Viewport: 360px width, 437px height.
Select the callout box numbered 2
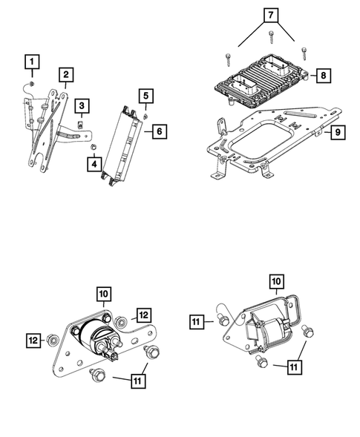[x=66, y=74]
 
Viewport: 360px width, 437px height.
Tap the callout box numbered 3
[x=81, y=106]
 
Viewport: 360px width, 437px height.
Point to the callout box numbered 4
[x=94, y=161]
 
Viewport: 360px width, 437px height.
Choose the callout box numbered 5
[x=146, y=96]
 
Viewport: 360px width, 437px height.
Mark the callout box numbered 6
[x=158, y=131]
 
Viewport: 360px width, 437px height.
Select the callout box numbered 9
[x=336, y=133]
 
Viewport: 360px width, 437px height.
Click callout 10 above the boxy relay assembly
[x=275, y=282]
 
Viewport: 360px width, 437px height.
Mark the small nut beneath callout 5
[x=146, y=115]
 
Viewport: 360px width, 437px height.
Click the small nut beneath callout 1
[x=32, y=82]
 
